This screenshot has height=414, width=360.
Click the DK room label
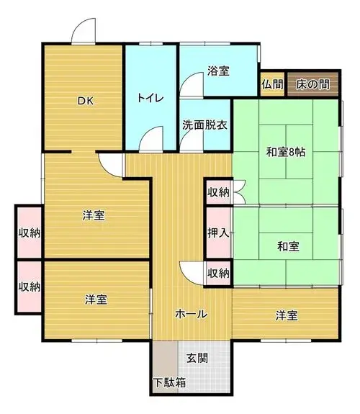pyautogui.click(x=86, y=101)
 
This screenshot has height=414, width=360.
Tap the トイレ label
pyautogui.click(x=150, y=98)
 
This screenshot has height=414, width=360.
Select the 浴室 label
pyautogui.click(x=218, y=71)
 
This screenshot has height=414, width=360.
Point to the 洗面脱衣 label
pyautogui.click(x=204, y=125)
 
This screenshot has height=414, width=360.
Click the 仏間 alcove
pyautogui.click(x=272, y=84)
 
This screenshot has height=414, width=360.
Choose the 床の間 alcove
pyautogui.click(x=313, y=84)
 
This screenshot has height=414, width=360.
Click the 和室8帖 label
pyautogui.click(x=286, y=152)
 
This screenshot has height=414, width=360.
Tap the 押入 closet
pyautogui.click(x=218, y=233)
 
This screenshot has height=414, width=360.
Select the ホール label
pyautogui.click(x=191, y=314)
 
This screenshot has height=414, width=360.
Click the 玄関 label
pyautogui.click(x=197, y=358)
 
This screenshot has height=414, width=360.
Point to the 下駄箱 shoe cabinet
pyautogui.click(x=166, y=367)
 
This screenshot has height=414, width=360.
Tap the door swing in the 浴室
pyautogui.click(x=192, y=84)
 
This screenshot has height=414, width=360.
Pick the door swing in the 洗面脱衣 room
pyautogui.click(x=192, y=140)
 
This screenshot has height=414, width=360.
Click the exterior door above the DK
pyautogui.click(x=84, y=30)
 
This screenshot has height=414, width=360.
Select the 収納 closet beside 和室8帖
pyautogui.click(x=218, y=192)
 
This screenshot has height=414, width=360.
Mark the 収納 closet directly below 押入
pyautogui.click(x=218, y=274)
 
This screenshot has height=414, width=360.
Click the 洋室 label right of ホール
pyautogui.click(x=287, y=316)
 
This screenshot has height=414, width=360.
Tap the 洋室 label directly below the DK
pyautogui.click(x=94, y=215)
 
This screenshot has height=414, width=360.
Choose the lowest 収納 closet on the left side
pyautogui.click(x=30, y=287)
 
